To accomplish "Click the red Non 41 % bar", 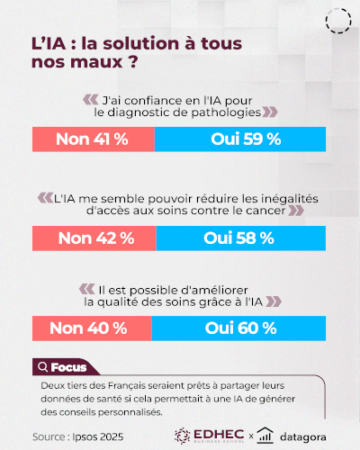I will (93, 139).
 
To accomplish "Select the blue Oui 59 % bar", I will (245, 139).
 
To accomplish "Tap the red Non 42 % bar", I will (94, 238).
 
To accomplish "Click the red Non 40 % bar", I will (90, 328).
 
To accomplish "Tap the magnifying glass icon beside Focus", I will (42, 367).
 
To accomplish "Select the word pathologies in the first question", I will (222, 112).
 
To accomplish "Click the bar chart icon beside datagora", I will (265, 435).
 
